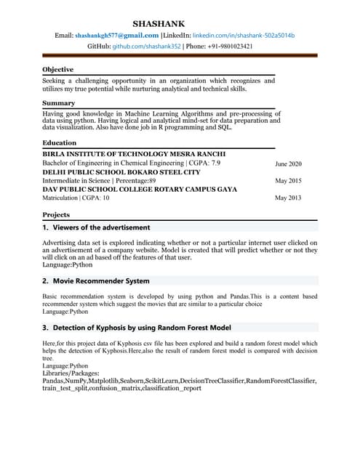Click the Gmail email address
point(117,36)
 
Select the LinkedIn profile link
point(244,36)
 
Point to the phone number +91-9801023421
point(228,46)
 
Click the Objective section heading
point(58,70)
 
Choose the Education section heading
point(60,143)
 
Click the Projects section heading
point(56,215)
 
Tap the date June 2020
point(288,164)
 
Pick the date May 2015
point(288,181)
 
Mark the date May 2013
point(288,198)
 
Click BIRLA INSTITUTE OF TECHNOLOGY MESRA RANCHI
point(134,155)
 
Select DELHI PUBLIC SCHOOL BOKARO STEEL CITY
point(121,172)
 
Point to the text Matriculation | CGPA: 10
point(76,198)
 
